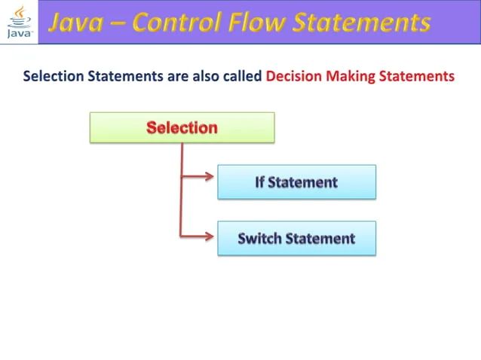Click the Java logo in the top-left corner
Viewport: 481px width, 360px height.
point(18,21)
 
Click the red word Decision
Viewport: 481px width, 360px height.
point(295,76)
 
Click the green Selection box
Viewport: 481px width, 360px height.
point(182,127)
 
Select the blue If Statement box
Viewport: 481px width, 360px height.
point(296,182)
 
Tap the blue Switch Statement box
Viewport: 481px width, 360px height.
point(296,239)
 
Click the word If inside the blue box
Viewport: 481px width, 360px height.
point(260,182)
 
